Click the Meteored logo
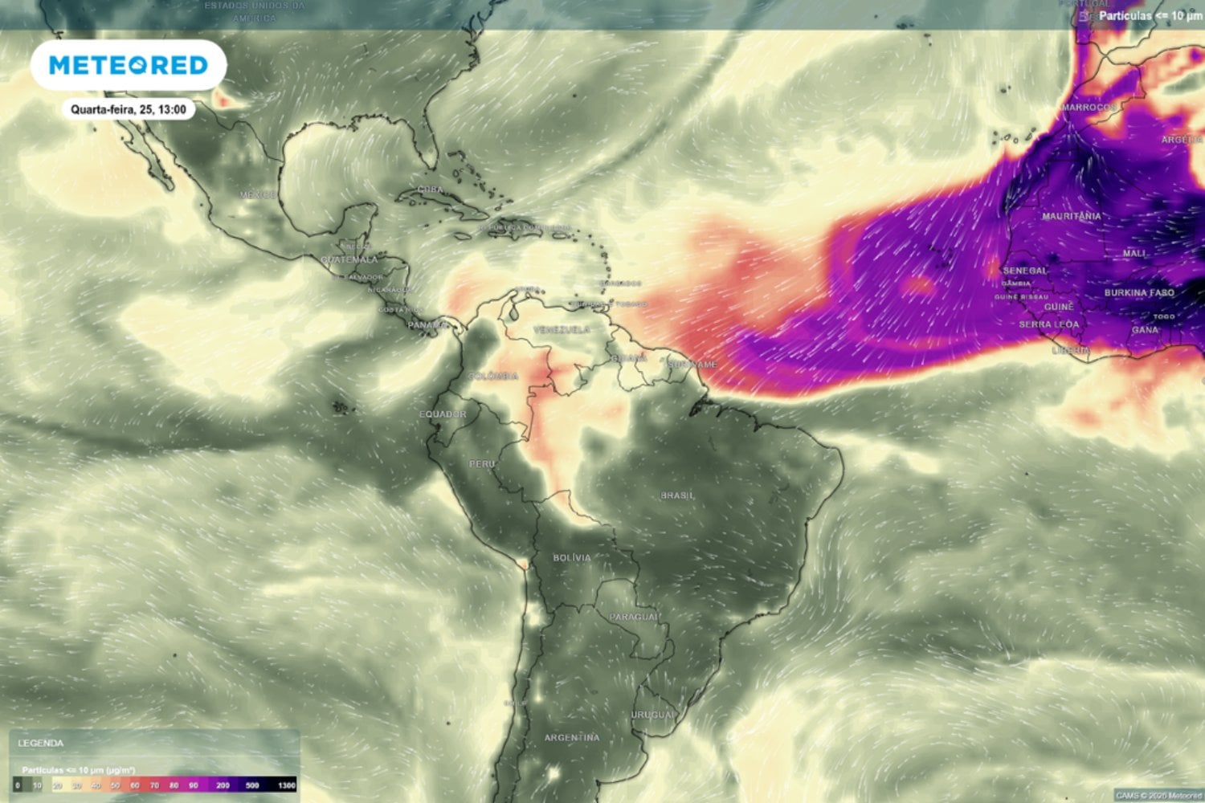(129, 65)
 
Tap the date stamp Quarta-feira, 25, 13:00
(129, 109)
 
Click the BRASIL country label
(677, 495)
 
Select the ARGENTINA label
(572, 737)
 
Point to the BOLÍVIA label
(572, 557)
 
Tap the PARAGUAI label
(634, 617)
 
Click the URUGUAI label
(653, 715)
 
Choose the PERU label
(483, 464)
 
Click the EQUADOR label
(443, 414)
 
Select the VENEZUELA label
(562, 330)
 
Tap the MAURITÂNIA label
(1072, 216)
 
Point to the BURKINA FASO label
(1139, 293)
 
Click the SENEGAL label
(1025, 271)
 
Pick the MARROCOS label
(1089, 108)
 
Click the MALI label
(1134, 253)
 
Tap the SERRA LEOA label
(1049, 324)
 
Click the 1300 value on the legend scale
(286, 785)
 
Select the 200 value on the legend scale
(223, 785)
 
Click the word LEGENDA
(41, 744)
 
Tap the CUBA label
(431, 190)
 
